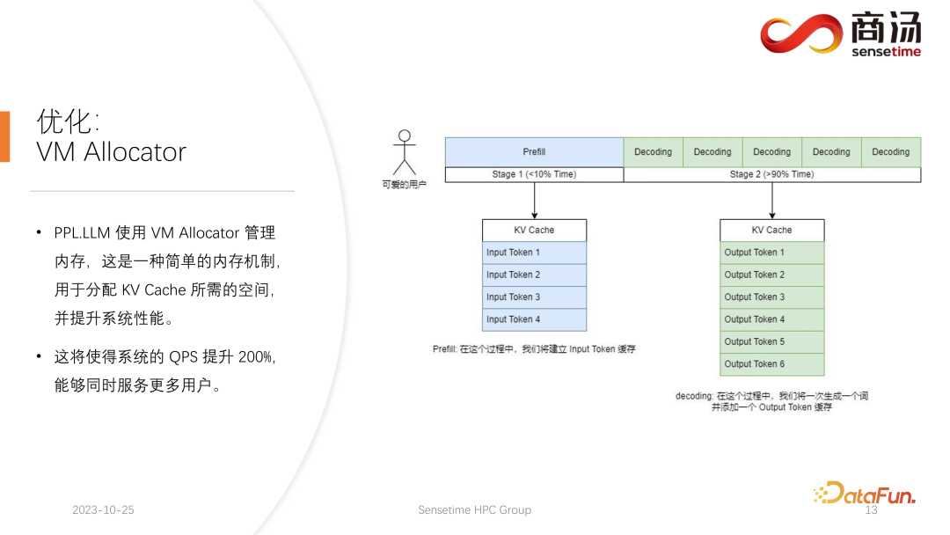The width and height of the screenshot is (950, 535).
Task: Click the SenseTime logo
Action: [x=840, y=35]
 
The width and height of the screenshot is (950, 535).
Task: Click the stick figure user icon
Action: [x=404, y=153]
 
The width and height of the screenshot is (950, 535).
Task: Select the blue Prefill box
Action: [x=534, y=151]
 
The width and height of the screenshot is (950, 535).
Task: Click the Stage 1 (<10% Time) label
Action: [x=534, y=174]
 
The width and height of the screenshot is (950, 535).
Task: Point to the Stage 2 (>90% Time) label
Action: [x=771, y=174]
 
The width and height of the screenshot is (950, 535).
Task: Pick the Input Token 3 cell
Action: [x=534, y=297]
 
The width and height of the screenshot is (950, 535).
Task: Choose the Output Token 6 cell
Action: [x=771, y=364]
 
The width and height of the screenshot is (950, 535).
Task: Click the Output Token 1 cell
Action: [x=771, y=253]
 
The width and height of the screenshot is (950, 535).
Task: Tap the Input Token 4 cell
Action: [x=534, y=319]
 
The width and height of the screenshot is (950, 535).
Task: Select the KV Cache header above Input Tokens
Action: [x=534, y=231]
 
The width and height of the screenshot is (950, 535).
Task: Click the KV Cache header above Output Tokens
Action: [x=771, y=231]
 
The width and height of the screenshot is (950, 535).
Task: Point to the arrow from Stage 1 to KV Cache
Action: [x=534, y=201]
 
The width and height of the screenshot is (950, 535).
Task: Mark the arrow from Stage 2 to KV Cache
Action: [x=771, y=201]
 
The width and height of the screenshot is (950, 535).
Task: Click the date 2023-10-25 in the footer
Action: [x=103, y=510]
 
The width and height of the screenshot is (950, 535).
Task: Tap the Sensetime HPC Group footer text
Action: [x=474, y=510]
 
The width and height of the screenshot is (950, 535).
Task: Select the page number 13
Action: [x=872, y=510]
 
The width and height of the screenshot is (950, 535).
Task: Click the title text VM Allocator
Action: [x=111, y=152]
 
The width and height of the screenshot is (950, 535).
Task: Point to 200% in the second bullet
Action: [x=255, y=356]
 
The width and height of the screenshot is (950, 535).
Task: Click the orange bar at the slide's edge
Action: [x=4, y=136]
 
